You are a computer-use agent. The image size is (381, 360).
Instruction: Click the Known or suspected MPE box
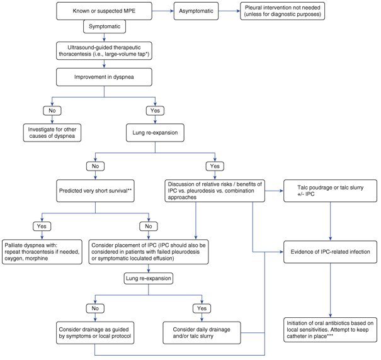[104, 11]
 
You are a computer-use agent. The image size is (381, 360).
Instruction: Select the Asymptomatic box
[196, 11]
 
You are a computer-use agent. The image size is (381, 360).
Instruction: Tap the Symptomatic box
[105, 26]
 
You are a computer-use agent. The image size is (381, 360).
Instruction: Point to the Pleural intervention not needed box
[282, 11]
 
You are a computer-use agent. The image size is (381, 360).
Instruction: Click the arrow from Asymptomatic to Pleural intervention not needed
[229, 11]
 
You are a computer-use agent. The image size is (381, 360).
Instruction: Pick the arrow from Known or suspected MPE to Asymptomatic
[163, 11]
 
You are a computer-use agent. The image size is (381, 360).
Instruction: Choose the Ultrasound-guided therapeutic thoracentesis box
[104, 51]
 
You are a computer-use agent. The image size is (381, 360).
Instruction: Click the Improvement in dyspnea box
[104, 77]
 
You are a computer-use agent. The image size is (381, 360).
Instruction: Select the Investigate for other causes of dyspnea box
[52, 133]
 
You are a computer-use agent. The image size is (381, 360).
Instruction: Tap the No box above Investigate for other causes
[52, 111]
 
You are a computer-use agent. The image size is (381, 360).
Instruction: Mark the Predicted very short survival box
[95, 191]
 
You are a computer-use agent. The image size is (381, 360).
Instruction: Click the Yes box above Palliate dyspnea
[42, 227]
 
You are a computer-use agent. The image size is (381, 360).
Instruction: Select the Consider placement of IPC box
[149, 252]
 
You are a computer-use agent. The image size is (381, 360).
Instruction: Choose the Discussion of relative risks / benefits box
[215, 191]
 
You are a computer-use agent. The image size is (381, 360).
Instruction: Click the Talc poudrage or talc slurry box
[330, 191]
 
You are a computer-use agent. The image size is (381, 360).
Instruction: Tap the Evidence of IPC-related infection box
[330, 252]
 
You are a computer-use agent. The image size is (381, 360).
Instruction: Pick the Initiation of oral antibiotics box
[330, 330]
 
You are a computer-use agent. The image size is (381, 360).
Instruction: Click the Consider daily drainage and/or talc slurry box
[202, 333]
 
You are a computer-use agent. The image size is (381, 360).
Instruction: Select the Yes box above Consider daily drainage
[202, 308]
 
